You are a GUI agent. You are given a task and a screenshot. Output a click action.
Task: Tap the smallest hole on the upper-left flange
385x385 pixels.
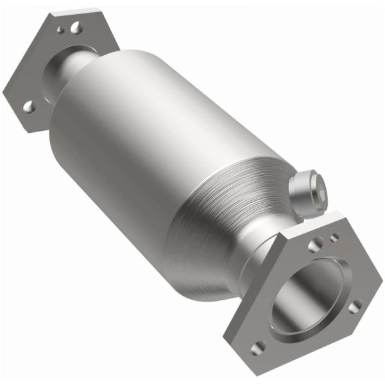coord(61,30)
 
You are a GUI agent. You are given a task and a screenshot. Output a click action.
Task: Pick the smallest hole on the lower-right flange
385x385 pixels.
coord(334,238)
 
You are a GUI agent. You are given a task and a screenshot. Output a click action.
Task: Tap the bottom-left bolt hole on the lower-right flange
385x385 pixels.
coord(257,347)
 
